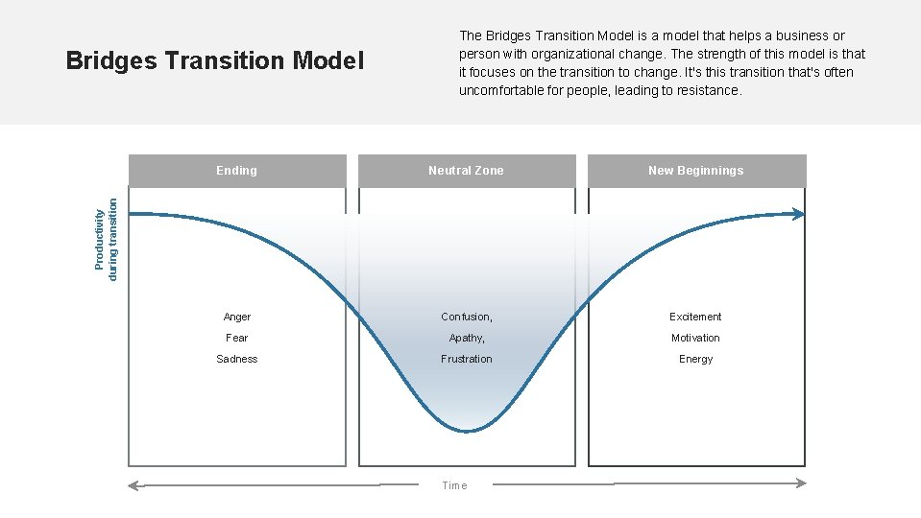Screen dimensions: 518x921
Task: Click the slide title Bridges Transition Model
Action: coord(215,61)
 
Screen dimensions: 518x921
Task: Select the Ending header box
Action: coord(236,171)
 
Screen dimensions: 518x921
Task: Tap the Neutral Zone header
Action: coord(466,171)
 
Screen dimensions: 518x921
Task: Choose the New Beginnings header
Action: coord(696,171)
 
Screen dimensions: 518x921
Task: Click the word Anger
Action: coord(237,317)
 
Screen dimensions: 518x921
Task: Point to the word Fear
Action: coord(237,338)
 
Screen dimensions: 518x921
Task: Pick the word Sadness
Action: coord(237,359)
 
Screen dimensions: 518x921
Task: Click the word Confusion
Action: coord(466,317)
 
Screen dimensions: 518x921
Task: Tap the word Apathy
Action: coord(466,338)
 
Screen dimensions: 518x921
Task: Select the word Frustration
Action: coord(467,359)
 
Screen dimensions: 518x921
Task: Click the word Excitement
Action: coord(696,317)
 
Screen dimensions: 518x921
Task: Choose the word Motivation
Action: coord(696,338)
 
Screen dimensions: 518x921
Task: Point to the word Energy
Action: coord(696,359)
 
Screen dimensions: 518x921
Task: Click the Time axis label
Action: coord(454,485)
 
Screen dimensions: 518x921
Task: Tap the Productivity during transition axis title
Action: coord(107,239)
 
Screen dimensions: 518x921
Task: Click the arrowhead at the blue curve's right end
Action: coord(800,215)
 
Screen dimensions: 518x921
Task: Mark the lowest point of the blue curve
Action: coord(467,432)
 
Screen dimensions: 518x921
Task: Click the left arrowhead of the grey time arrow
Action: coord(133,485)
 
